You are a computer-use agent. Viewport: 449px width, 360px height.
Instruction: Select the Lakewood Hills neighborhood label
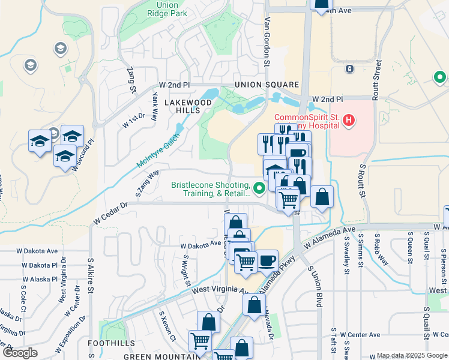(188, 107)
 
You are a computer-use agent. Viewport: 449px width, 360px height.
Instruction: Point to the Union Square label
(267, 85)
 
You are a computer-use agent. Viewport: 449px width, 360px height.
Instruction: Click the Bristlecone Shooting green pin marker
(259, 189)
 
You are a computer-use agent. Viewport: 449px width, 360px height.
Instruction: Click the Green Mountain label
(161, 356)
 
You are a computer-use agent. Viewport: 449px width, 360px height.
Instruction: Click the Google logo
(20, 353)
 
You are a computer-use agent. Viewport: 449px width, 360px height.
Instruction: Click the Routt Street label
(376, 79)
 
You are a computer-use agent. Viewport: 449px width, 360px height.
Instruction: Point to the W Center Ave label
(360, 335)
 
